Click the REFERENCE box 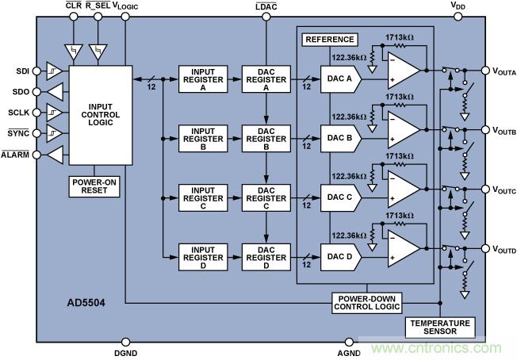click(330, 40)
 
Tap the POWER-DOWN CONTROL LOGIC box click(366, 302)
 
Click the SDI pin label click(21, 71)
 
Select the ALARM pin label click(15, 154)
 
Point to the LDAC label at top click(266, 6)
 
